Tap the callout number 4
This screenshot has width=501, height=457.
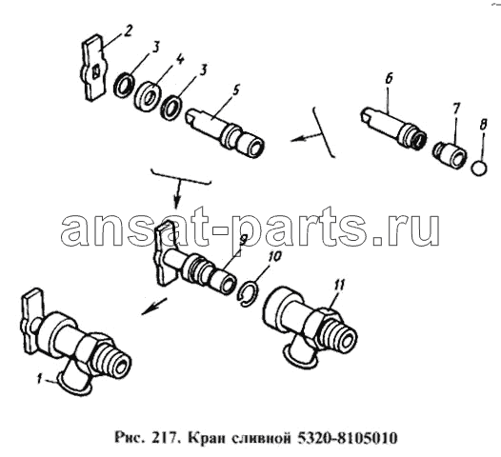[180, 60]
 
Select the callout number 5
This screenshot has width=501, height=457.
[235, 91]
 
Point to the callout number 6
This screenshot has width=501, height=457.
[389, 79]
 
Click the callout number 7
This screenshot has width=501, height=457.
[455, 109]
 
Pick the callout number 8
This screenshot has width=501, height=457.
[483, 125]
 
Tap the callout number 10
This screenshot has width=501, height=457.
[275, 256]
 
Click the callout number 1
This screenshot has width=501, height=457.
[39, 380]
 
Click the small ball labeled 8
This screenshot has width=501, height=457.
[479, 168]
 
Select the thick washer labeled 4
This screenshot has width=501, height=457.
[148, 96]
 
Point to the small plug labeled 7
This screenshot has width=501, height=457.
[450, 153]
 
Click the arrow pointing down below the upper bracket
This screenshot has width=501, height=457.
[178, 193]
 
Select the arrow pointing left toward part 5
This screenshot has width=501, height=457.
[306, 138]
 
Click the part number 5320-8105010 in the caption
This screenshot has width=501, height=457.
[348, 438]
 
